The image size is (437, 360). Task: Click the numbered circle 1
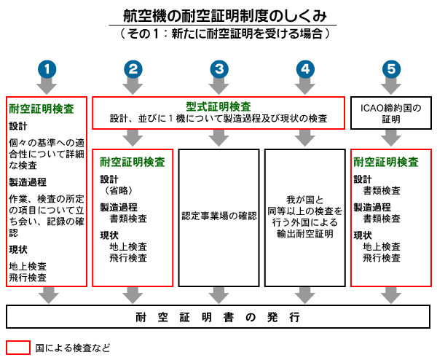point(47,69)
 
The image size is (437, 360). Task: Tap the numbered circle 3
point(219,69)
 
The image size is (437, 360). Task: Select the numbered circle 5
point(392,69)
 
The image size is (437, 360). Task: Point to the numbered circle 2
point(133,69)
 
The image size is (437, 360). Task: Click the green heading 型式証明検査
point(219,106)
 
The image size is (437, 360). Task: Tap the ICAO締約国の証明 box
point(391,114)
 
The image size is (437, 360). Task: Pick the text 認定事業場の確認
point(219,216)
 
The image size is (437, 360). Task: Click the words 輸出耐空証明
point(304,234)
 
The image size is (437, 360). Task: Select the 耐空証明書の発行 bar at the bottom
point(219,318)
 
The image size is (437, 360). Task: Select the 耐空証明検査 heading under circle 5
point(385,162)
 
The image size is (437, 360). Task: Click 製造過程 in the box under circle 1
point(28,181)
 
